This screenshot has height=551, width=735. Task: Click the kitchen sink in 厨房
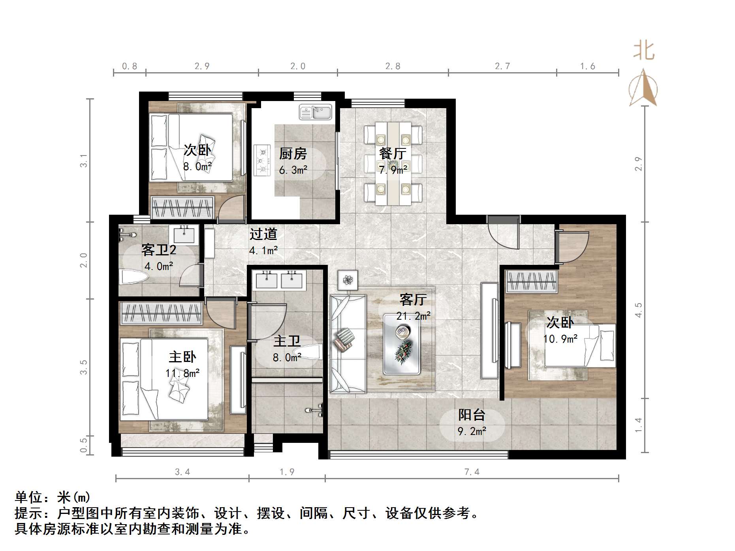click(x=315, y=112)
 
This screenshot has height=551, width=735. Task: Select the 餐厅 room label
click(x=393, y=153)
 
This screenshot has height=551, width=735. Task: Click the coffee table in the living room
click(x=402, y=344)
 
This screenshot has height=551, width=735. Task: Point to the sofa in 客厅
click(x=347, y=343)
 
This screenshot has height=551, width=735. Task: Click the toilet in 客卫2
click(x=133, y=276)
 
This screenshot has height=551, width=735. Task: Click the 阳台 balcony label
click(x=472, y=415)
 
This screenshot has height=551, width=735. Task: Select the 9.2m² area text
click(x=472, y=431)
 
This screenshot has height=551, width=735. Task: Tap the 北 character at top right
click(x=644, y=51)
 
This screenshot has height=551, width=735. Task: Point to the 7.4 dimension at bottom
click(x=472, y=472)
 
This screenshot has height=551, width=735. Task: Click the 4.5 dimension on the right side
click(x=638, y=310)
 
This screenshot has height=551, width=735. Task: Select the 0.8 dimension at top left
click(x=129, y=66)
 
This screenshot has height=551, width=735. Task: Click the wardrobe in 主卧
click(x=161, y=313)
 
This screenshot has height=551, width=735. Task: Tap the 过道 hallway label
click(x=263, y=234)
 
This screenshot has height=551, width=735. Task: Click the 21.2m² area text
click(x=413, y=316)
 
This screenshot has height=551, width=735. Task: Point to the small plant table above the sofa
click(x=348, y=280)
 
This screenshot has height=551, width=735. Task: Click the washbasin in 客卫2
click(x=184, y=235)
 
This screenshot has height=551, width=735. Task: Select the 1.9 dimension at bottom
click(x=287, y=472)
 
